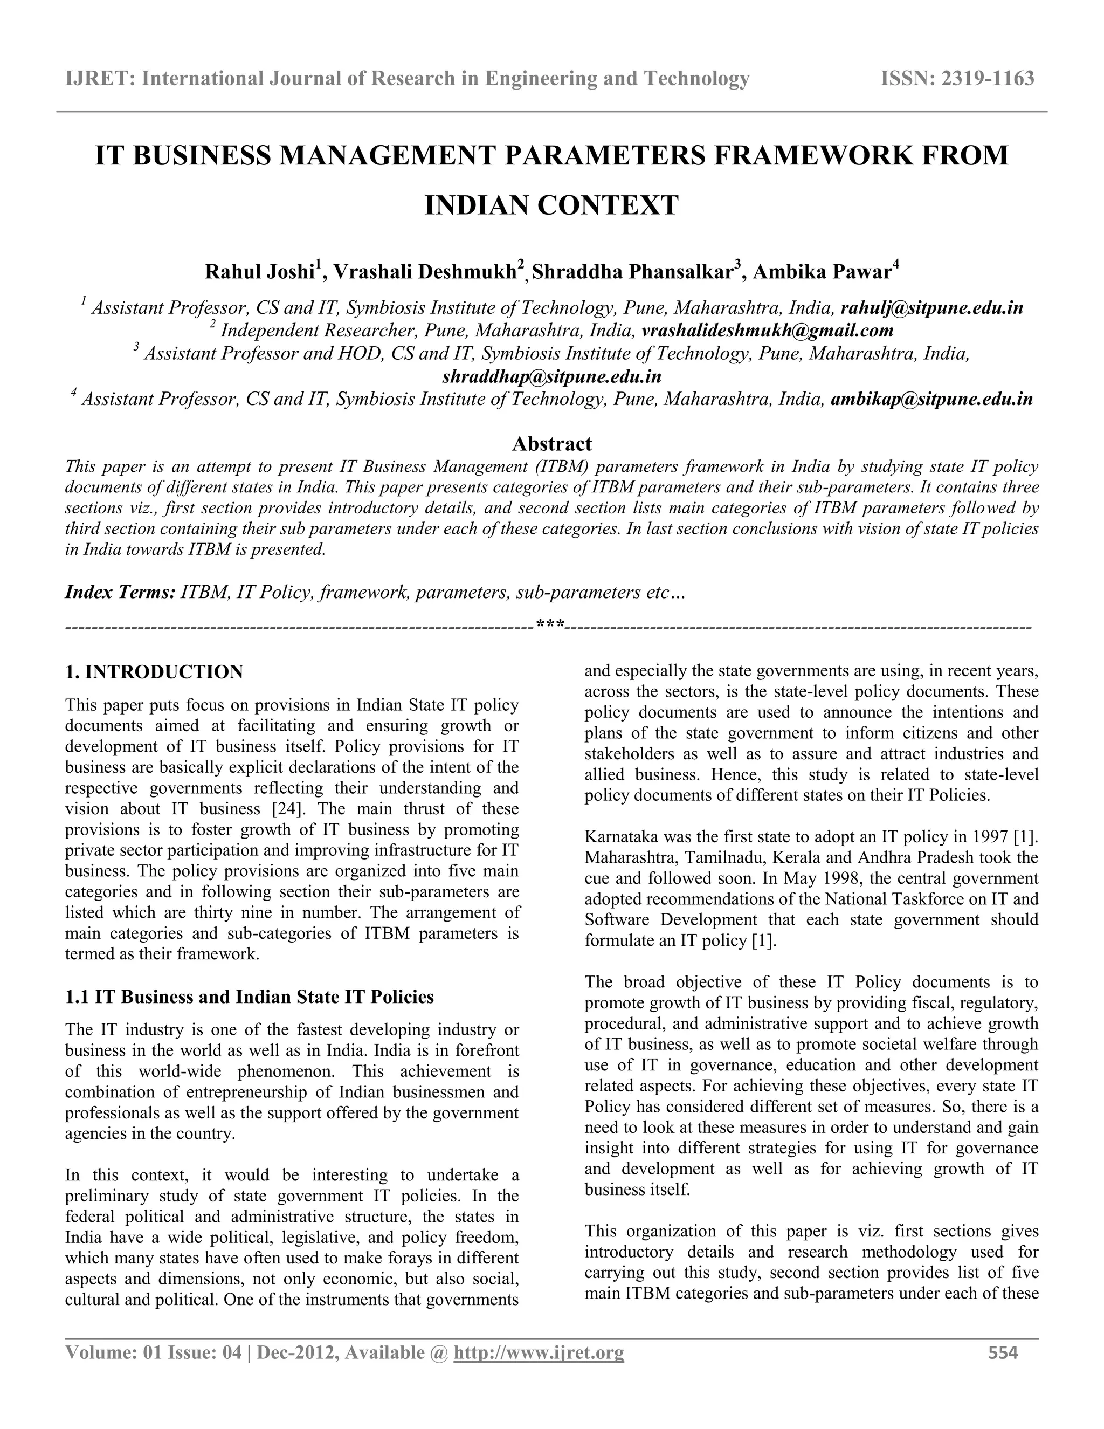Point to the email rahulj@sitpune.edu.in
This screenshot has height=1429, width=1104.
coord(932,308)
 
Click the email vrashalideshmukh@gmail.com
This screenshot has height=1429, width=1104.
coord(767,331)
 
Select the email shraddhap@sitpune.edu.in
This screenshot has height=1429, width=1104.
coord(551,377)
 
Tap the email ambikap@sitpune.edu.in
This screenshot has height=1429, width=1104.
coord(931,399)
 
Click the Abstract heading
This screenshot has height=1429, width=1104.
coord(551,444)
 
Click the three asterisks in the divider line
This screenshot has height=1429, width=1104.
coord(551,626)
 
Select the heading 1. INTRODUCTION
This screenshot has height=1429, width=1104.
coord(154,672)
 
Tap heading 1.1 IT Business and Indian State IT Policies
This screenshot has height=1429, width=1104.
coord(249,997)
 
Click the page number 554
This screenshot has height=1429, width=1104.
coord(1003,1353)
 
